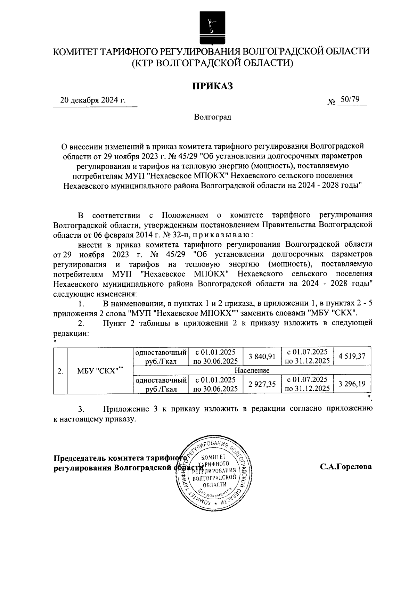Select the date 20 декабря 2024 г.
(x=93, y=101)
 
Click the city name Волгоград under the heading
(x=213, y=117)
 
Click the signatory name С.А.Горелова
(x=346, y=466)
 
